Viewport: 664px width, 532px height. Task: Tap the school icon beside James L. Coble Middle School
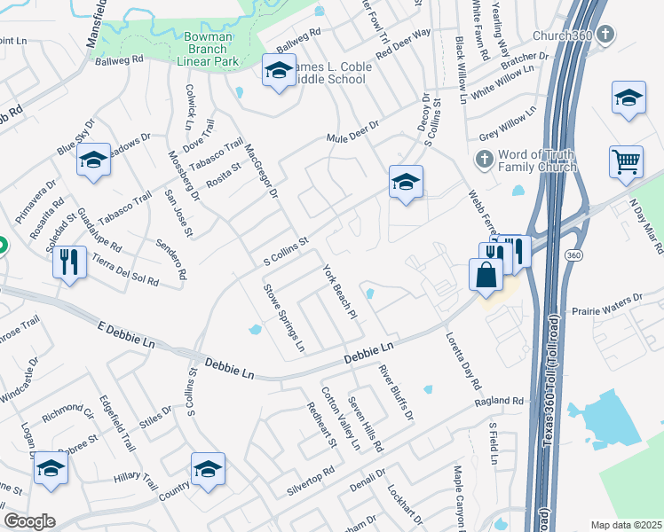coord(279,72)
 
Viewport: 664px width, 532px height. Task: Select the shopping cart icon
coord(627,162)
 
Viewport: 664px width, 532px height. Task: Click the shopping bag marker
coord(487,274)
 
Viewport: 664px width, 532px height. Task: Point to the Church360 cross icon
coord(606,36)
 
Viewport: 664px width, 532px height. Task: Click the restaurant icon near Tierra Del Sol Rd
coord(69,262)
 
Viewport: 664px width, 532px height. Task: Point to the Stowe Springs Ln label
coord(283,317)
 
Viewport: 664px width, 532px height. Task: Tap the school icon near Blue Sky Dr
coord(93,160)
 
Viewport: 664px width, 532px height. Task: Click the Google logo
coord(29,521)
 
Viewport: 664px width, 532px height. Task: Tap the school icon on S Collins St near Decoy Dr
coord(406,182)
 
